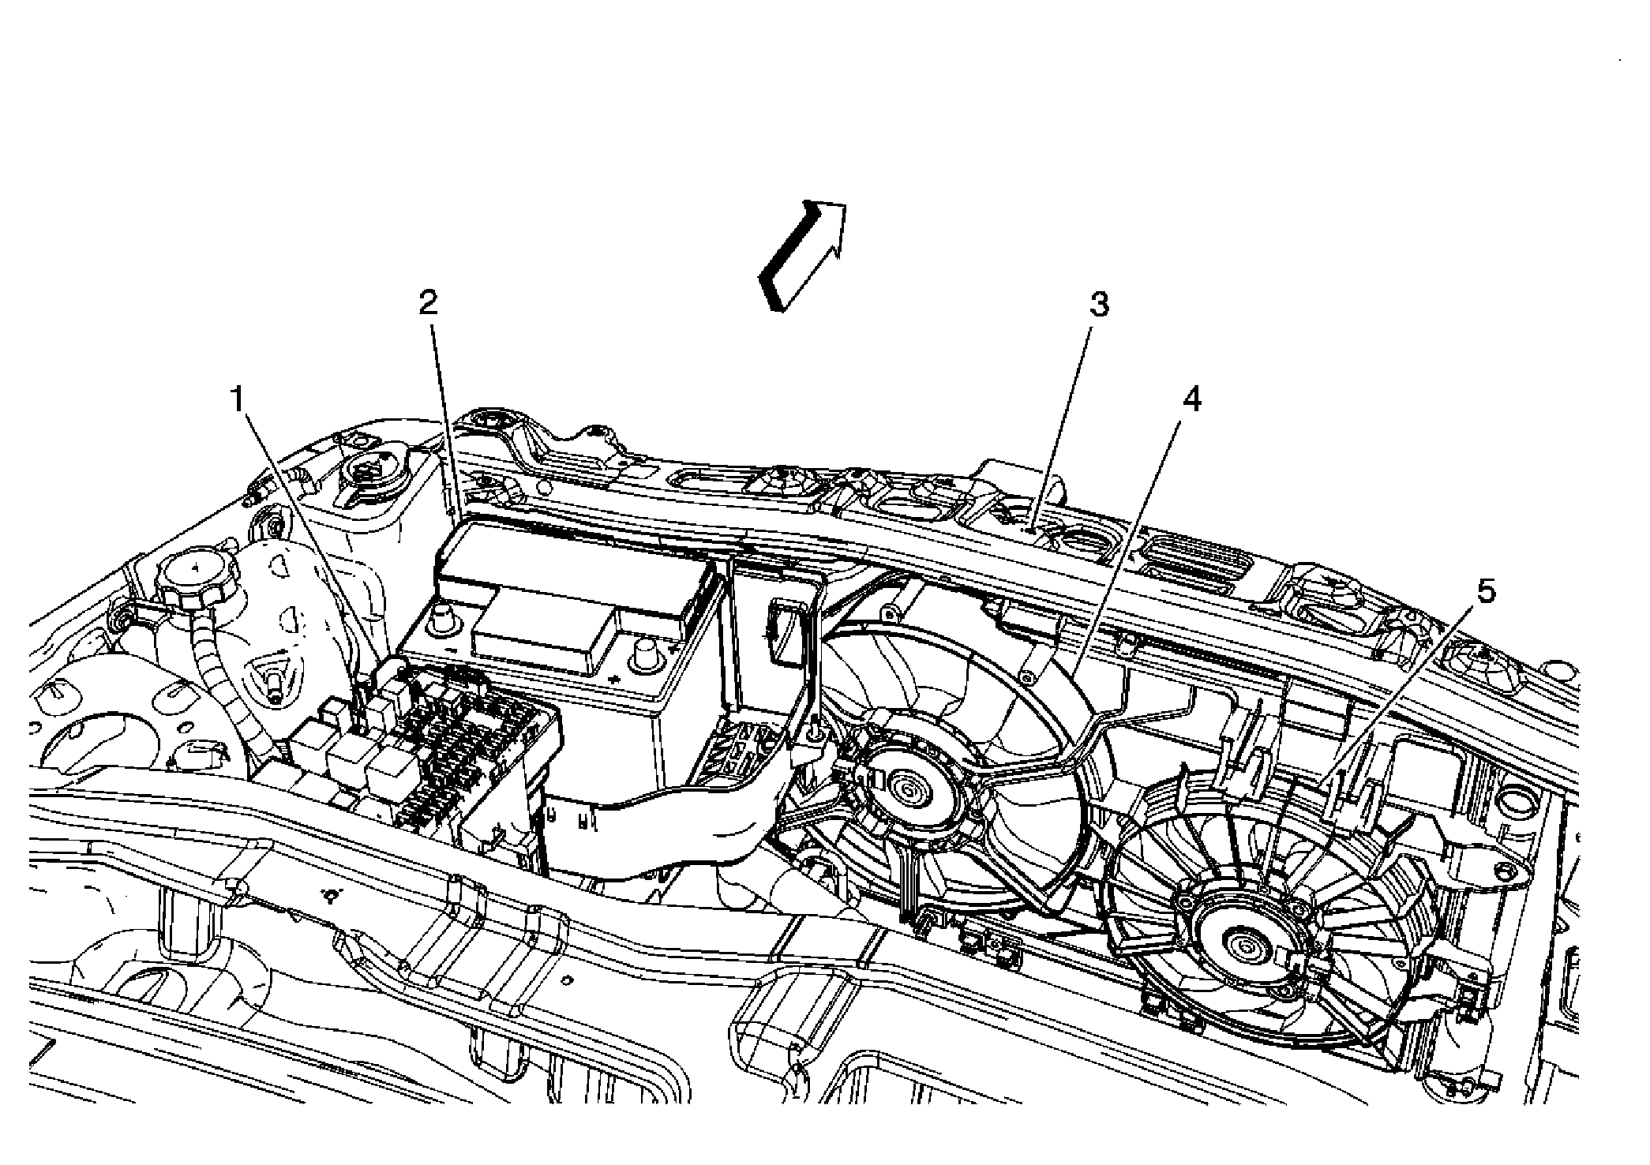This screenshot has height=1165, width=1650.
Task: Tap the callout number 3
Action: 1099,305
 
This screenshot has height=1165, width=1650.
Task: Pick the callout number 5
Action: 1485,594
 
